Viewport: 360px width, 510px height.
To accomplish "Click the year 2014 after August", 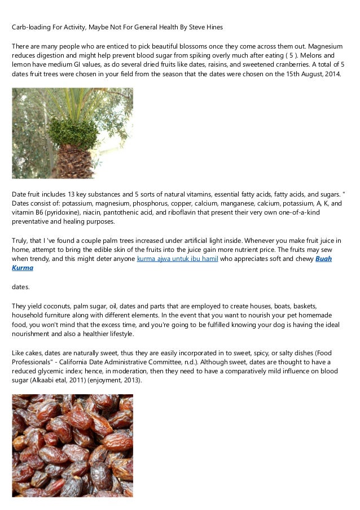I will click(331, 75).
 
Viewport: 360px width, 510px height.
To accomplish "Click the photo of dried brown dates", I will click(72, 446).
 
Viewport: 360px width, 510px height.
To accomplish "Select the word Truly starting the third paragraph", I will click(20, 241).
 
